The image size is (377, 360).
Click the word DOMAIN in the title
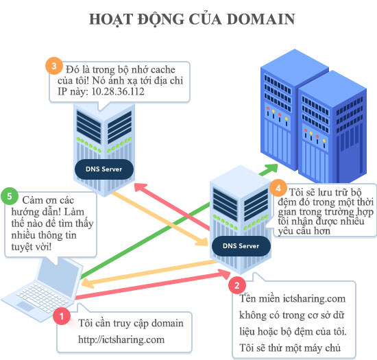tap(260, 19)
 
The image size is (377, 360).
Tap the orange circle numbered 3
tap(54, 66)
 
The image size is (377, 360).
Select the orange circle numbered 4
tap(278, 188)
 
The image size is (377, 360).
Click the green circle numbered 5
tap(10, 196)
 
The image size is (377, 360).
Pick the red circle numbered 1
tap(62, 316)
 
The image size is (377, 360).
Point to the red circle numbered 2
tap(237, 285)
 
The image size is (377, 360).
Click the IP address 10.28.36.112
tap(118, 92)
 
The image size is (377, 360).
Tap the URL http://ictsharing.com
tap(121, 340)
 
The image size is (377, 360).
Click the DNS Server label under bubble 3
tap(104, 169)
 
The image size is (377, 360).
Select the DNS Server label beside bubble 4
tap(241, 245)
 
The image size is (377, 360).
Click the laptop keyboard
tap(42, 298)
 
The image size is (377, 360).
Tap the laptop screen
tap(59, 274)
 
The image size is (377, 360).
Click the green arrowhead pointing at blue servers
tap(271, 168)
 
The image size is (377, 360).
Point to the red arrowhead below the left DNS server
tap(140, 187)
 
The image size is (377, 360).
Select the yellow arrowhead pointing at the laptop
tap(88, 284)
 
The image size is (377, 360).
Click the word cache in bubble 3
tap(163, 70)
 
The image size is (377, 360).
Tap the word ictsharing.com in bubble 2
tap(314, 299)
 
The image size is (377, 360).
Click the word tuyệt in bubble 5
tap(22, 247)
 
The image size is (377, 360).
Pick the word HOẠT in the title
tap(111, 19)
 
